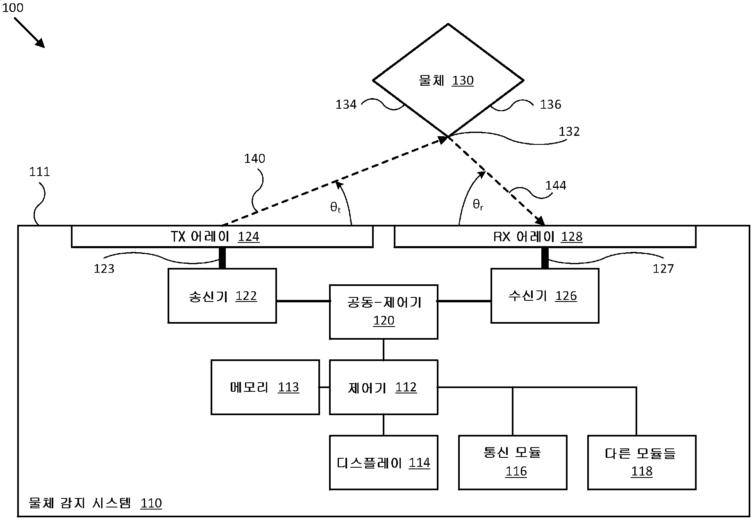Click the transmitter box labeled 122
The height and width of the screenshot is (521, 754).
point(222,296)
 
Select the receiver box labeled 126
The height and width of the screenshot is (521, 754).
point(545,296)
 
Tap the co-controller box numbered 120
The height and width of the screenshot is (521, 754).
point(384,312)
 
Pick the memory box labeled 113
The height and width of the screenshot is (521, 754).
point(265,387)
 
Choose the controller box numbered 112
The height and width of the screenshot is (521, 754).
point(384,387)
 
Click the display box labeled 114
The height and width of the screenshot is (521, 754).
point(384,463)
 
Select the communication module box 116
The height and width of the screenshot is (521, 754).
point(513,463)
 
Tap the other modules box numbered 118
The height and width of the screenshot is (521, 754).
point(642,463)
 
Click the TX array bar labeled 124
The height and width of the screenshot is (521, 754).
point(222,237)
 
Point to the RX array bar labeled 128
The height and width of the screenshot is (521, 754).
point(545,237)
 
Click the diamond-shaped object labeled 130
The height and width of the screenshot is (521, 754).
point(448,80)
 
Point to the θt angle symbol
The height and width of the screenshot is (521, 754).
point(335,208)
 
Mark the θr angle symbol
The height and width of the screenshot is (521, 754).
point(478,204)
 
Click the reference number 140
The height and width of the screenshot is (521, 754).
point(254,159)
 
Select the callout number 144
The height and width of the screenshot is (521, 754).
point(556,185)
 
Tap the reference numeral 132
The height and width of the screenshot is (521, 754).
point(569,132)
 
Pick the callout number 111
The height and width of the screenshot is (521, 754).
point(40,171)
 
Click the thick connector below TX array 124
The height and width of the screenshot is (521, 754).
point(222,258)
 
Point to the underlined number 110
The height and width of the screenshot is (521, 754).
point(151,503)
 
